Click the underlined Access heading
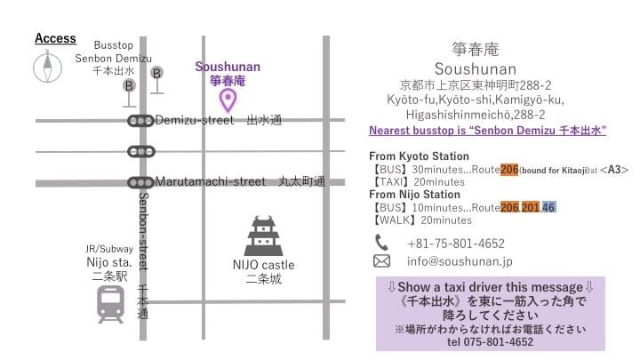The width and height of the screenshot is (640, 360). (55, 39)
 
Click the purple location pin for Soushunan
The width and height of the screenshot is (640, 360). (228, 100)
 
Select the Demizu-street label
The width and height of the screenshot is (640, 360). (195, 120)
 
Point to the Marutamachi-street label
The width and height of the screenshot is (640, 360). (210, 181)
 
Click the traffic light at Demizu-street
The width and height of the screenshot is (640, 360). (140, 121)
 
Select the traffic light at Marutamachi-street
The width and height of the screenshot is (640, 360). (140, 182)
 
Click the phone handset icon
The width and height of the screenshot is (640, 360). (381, 243)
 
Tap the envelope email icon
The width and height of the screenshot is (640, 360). (381, 261)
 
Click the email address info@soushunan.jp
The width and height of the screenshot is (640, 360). (460, 261)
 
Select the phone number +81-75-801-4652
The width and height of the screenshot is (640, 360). (456, 243)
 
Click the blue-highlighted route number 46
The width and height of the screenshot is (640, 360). (549, 207)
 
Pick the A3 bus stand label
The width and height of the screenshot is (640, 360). (614, 168)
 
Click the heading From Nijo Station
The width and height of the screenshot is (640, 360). (414, 194)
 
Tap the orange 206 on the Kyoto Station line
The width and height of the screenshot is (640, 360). (509, 168)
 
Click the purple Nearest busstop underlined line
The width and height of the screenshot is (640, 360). (487, 130)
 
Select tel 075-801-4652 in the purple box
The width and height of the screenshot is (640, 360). (491, 341)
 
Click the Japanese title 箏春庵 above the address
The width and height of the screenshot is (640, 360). (475, 49)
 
